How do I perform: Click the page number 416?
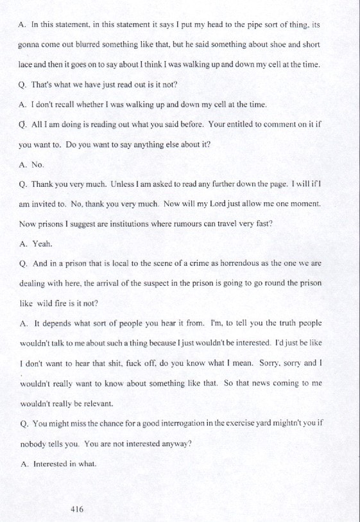[x=77, y=509]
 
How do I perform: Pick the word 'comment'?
[x=282, y=125]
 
